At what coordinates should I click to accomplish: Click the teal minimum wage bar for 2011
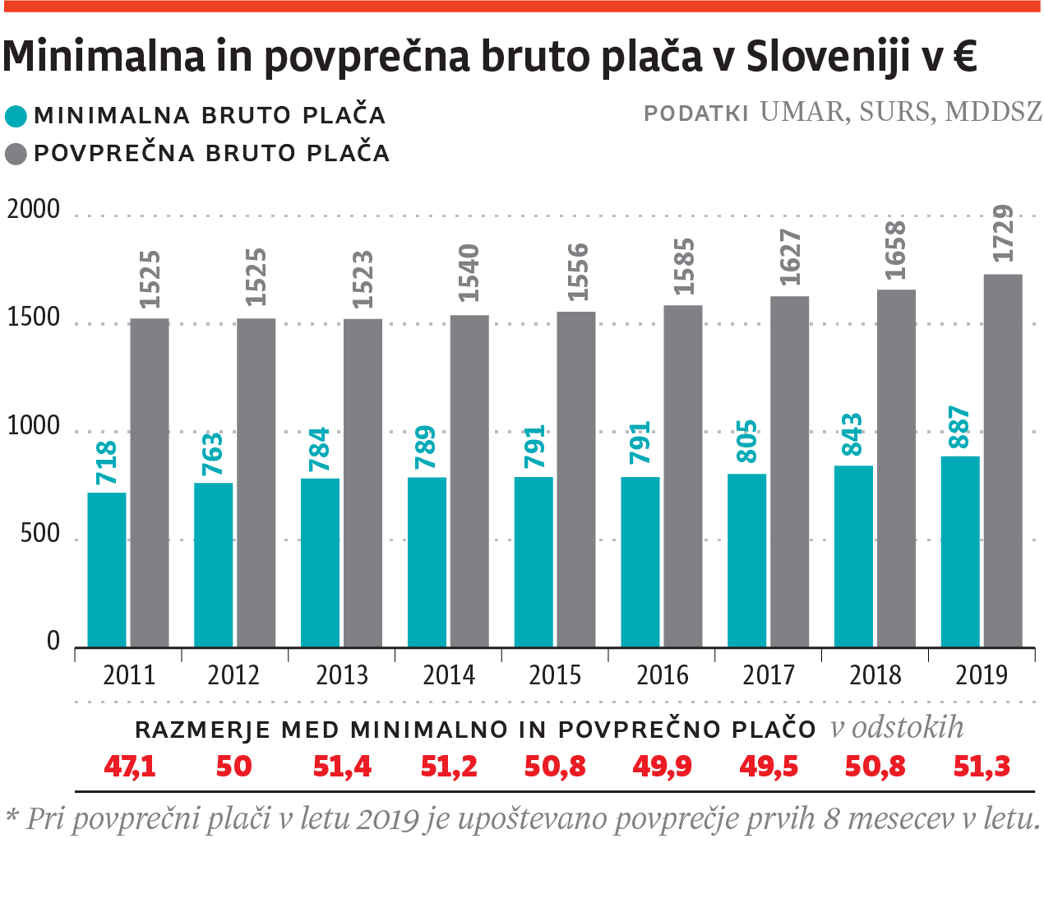click(107, 569)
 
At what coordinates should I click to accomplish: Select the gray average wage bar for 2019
click(1003, 461)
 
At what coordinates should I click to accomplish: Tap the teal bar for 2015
click(534, 562)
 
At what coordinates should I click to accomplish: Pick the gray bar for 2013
click(363, 483)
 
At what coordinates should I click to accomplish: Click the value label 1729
click(1004, 234)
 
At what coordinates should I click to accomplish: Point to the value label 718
click(107, 463)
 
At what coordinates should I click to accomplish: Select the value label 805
click(746, 442)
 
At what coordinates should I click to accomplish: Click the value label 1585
click(683, 266)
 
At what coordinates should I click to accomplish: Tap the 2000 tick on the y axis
click(34, 211)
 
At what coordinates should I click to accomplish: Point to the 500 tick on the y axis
click(40, 535)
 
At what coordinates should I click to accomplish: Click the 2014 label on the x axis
click(449, 675)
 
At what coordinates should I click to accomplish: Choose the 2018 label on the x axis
click(875, 675)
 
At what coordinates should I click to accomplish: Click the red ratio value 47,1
click(130, 767)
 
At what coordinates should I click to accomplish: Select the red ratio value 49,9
click(662, 767)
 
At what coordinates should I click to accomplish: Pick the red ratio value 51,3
click(982, 767)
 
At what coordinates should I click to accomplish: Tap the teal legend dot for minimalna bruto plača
click(16, 116)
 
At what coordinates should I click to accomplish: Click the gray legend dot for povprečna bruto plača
click(16, 154)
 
